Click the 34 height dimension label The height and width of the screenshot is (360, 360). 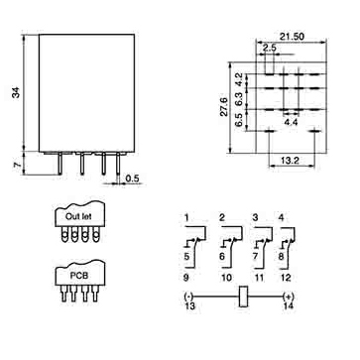(16, 93)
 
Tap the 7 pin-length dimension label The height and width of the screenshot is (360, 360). (17, 165)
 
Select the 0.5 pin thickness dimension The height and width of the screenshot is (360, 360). (132, 179)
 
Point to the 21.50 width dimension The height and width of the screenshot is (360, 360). (292, 37)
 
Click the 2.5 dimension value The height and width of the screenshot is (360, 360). (270, 48)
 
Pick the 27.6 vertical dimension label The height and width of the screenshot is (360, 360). (224, 107)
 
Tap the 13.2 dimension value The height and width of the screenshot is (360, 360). (290, 161)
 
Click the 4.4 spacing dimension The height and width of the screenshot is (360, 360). (291, 122)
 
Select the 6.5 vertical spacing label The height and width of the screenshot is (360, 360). (239, 120)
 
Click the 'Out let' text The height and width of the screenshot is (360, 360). (78, 217)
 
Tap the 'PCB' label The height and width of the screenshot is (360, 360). (79, 276)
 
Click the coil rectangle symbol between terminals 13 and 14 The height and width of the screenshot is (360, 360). (244, 297)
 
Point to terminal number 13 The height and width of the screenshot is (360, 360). (189, 305)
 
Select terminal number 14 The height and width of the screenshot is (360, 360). (288, 305)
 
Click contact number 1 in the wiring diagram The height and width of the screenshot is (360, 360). (186, 218)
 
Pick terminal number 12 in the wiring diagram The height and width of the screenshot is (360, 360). (286, 278)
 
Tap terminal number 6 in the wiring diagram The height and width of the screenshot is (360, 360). (222, 256)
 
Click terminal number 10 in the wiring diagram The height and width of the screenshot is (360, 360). (227, 278)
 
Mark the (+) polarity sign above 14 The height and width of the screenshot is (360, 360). (288, 297)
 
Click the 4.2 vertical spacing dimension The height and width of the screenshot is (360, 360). (239, 79)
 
